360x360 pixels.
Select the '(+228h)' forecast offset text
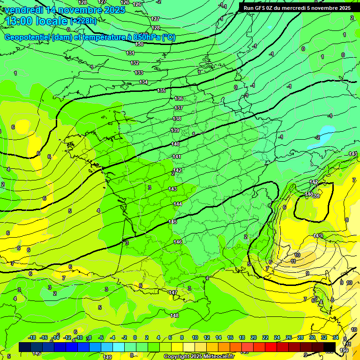[83, 21]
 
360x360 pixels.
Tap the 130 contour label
[139, 44]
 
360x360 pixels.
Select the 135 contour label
[161, 90]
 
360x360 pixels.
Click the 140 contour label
[175, 144]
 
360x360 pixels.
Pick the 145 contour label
[172, 222]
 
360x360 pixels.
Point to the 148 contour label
[174, 315]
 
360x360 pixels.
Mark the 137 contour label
[178, 108]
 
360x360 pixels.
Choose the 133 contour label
[138, 73]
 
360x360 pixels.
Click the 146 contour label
[177, 242]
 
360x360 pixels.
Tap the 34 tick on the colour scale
[336, 337]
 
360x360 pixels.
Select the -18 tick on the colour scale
[32, 337]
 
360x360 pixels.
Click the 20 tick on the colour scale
[253, 337]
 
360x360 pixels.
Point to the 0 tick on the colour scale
[135, 337]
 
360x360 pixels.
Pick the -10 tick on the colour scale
[79, 337]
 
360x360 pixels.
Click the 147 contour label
[173, 292]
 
